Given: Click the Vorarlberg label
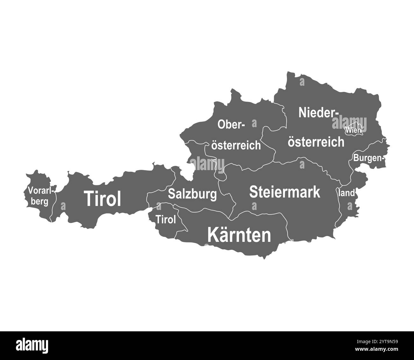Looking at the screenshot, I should point(41,196).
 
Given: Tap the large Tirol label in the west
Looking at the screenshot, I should point(103,199).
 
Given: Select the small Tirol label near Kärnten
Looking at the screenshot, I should point(166,220).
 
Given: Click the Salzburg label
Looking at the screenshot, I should point(192,194).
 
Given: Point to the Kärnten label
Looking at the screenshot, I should point(239,235).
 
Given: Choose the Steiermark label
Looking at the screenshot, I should point(285,192).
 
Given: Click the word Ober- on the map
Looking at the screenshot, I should point(231,125).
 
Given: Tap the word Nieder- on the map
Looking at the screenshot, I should point(318,112).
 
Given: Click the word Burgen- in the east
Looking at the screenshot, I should point(368,157).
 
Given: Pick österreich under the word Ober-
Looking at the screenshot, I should point(236,146).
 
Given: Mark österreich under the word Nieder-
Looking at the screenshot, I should point(316,142).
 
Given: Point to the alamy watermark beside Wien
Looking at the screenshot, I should point(349,123).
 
